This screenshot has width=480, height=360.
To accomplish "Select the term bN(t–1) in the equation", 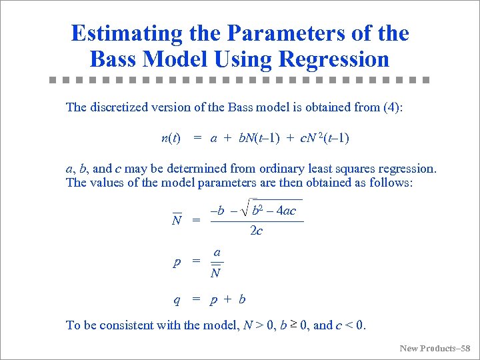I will coord(265,139).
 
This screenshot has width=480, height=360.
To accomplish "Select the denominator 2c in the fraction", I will coord(255,231).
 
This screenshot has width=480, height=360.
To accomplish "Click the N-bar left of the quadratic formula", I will coord(177,220).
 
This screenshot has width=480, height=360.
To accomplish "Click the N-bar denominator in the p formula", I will coord(215,272).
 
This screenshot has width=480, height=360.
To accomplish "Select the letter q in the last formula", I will coord(177,299).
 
